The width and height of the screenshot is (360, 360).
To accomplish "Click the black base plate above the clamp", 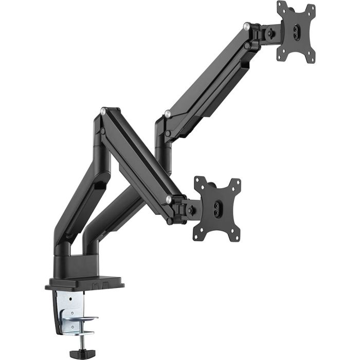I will point(85,282).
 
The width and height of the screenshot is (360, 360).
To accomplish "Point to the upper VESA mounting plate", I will point(296,31).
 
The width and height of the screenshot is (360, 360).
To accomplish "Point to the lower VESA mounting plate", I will point(217,208).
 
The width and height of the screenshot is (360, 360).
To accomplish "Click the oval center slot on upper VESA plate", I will point(296,31).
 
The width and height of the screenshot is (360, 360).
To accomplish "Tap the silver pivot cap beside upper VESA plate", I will point(247,25).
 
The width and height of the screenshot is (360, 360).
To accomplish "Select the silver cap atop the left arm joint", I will point(104,110).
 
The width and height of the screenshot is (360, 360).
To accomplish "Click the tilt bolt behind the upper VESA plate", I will point(269,34).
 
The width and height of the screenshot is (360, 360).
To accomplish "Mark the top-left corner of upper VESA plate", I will point(281,5).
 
